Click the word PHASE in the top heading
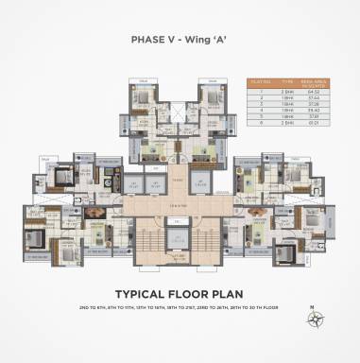(x=147, y=40)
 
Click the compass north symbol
(x=313, y=319)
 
